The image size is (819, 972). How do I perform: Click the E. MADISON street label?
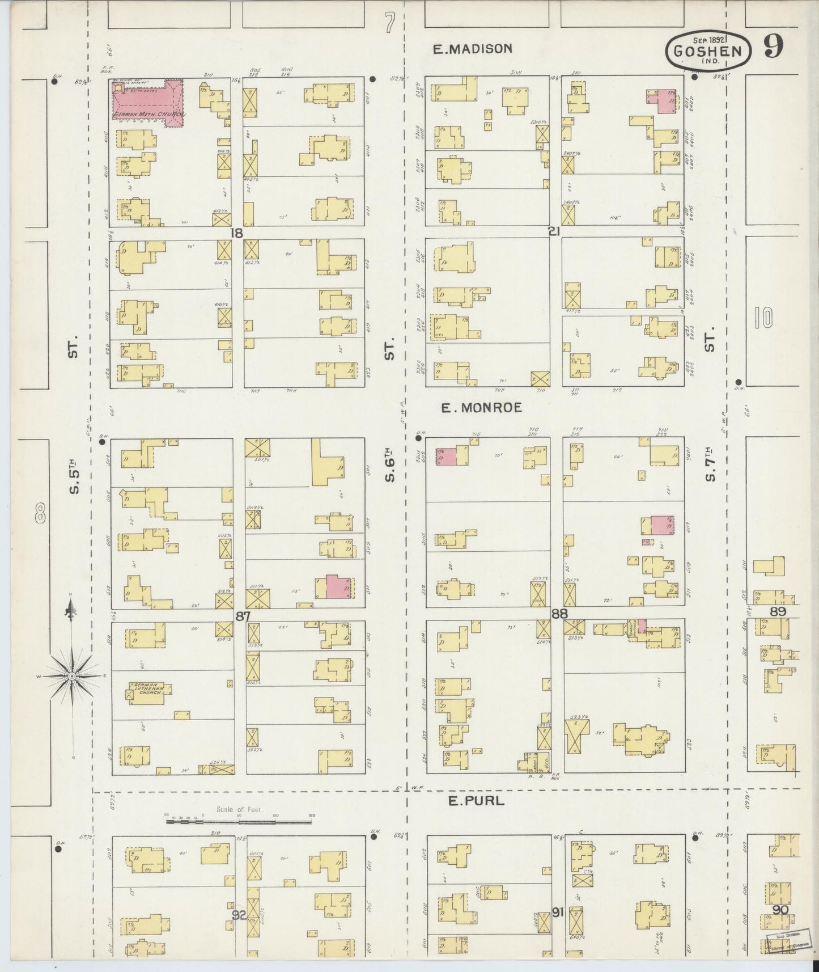(x=472, y=49)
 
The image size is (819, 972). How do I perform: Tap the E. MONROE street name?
(x=482, y=407)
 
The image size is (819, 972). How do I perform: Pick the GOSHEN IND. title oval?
(x=708, y=50)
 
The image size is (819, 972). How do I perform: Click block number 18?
(x=237, y=233)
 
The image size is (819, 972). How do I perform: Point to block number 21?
(x=554, y=231)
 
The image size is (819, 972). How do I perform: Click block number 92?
(x=240, y=914)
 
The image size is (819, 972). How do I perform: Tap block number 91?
(x=558, y=912)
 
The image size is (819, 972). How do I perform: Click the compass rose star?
(x=72, y=676)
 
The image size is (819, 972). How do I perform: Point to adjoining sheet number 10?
(x=763, y=318)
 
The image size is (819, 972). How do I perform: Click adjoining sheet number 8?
(x=40, y=515)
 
